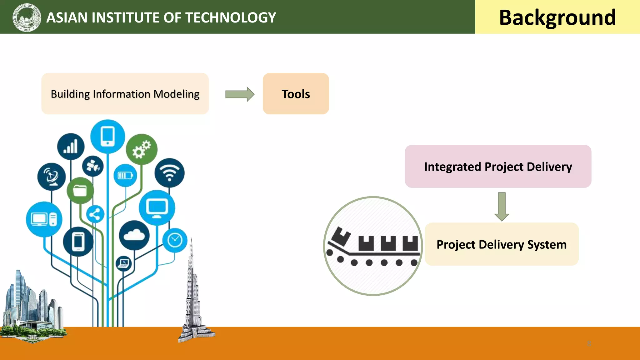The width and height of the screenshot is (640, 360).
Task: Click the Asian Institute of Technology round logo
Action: [27, 17]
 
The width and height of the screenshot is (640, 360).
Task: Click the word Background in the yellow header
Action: [557, 17]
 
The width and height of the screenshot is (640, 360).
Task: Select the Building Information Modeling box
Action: [125, 94]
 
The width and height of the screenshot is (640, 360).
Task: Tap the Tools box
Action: [296, 94]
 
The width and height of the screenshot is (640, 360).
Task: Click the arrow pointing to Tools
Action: [240, 94]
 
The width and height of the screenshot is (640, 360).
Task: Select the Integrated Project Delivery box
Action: [498, 166]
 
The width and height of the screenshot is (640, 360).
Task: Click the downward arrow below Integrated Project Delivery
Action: [502, 207]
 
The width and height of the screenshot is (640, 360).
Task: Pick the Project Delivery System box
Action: [502, 244]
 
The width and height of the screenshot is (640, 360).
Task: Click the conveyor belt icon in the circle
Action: [373, 246]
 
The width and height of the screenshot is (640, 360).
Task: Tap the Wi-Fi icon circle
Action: [169, 173]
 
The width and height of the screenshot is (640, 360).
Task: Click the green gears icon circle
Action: [142, 149]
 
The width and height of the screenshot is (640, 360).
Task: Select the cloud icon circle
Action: [134, 235]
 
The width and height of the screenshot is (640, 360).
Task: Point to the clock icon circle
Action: [175, 240]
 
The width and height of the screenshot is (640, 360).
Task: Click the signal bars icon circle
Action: [71, 146]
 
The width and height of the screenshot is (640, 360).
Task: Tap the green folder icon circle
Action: [80, 190]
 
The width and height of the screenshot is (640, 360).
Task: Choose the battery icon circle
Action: [125, 175]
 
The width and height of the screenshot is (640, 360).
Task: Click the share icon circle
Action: [95, 214]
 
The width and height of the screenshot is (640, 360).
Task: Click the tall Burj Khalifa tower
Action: [193, 297]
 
